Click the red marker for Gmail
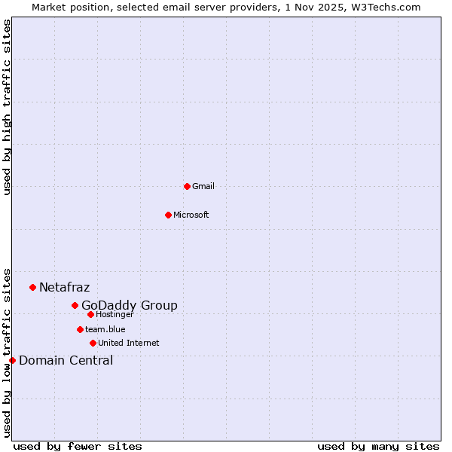pos(187,186)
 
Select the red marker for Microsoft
pos(168,215)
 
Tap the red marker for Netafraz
pos(32,287)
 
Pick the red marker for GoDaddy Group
pos(75,305)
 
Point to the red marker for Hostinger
pos(90,314)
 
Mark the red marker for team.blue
pos(80,329)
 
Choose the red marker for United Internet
pos(93,343)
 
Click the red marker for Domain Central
pos(12,360)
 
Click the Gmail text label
pos(203,186)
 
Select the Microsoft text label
pos(191,215)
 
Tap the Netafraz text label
pos(64,287)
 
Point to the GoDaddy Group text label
pos(130,305)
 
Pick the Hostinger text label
pos(115,314)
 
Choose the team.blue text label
pos(105,329)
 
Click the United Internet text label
pos(129,343)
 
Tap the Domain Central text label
pos(66,360)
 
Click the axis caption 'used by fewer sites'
pos(78,446)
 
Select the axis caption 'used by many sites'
pos(378,446)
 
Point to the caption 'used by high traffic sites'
pos(7,108)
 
